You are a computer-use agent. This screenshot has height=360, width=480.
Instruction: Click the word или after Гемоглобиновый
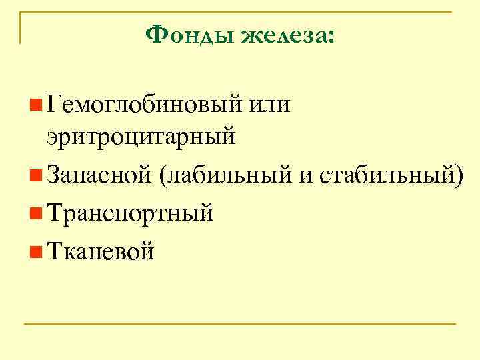271,105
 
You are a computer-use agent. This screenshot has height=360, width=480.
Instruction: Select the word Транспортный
131,213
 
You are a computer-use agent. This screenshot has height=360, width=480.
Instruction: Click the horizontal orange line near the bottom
240,325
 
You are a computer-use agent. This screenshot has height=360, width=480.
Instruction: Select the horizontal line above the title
240,11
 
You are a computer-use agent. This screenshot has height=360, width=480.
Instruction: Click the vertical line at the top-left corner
20,27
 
